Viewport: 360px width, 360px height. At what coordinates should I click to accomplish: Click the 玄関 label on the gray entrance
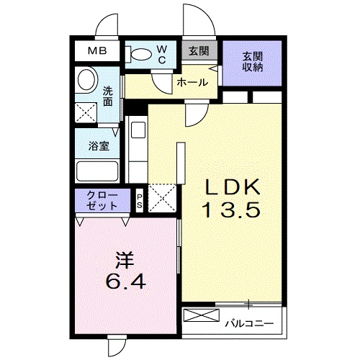tap(198, 50)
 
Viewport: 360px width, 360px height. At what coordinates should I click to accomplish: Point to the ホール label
tap(192, 81)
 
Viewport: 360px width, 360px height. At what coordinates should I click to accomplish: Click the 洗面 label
tap(107, 97)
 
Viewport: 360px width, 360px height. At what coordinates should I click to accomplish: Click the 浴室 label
tap(99, 144)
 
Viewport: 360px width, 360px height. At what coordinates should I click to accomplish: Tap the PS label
tap(140, 199)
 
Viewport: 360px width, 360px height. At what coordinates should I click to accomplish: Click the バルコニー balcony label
tap(248, 323)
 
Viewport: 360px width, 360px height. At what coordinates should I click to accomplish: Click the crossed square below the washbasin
tap(88, 111)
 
